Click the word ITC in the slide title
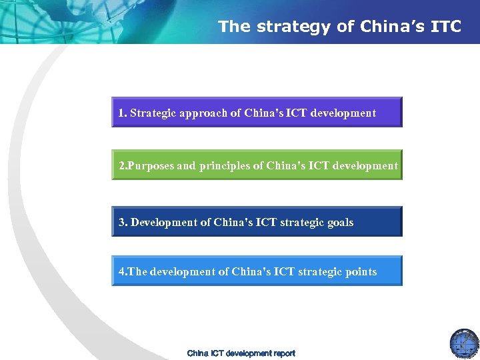(x=446, y=27)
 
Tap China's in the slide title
(x=384, y=27)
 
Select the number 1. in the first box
(x=123, y=113)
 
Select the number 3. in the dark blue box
(x=123, y=222)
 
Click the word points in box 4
(x=361, y=271)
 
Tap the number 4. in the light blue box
(x=123, y=271)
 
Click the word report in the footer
(x=283, y=353)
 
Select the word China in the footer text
(x=198, y=353)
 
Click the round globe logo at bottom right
(x=464, y=342)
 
